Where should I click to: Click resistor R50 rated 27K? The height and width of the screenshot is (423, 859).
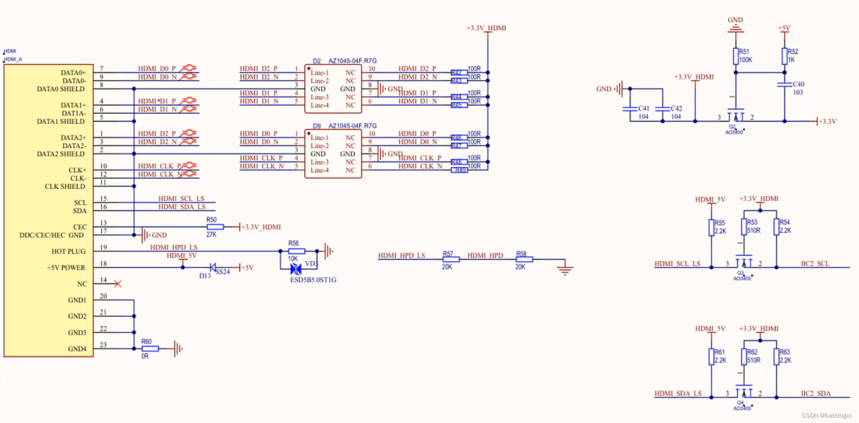pyautogui.click(x=215, y=227)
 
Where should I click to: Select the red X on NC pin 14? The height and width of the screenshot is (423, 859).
pyautogui.click(x=118, y=284)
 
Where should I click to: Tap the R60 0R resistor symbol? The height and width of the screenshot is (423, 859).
pyautogui.click(x=150, y=348)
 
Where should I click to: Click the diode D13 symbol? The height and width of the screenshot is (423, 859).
pyautogui.click(x=213, y=268)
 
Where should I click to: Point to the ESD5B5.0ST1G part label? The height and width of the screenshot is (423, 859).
pyautogui.click(x=313, y=280)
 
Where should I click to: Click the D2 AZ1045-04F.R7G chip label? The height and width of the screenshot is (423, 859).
pyautogui.click(x=345, y=61)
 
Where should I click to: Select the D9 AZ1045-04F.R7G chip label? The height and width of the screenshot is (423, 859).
pyautogui.click(x=345, y=126)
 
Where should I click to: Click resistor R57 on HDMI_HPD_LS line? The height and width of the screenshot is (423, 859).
pyautogui.click(x=451, y=259)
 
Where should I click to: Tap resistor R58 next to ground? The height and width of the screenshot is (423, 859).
pyautogui.click(x=524, y=259)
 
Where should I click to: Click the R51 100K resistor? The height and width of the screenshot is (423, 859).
pyautogui.click(x=736, y=56)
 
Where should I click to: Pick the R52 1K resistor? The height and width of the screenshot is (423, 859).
pyautogui.click(x=784, y=56)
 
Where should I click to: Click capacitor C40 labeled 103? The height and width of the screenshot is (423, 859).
pyautogui.click(x=785, y=85)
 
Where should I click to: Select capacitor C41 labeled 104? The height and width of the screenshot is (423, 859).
pyautogui.click(x=630, y=109)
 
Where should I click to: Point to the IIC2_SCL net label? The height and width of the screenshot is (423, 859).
pyautogui.click(x=815, y=263)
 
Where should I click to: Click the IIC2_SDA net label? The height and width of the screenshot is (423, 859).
pyautogui.click(x=816, y=393)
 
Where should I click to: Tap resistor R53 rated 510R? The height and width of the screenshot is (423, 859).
pyautogui.click(x=744, y=227)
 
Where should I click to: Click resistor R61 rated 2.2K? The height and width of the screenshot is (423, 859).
pyautogui.click(x=711, y=357)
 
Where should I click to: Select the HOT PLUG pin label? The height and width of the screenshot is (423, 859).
pyautogui.click(x=68, y=251)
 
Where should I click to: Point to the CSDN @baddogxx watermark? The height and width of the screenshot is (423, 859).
pyautogui.click(x=826, y=415)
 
